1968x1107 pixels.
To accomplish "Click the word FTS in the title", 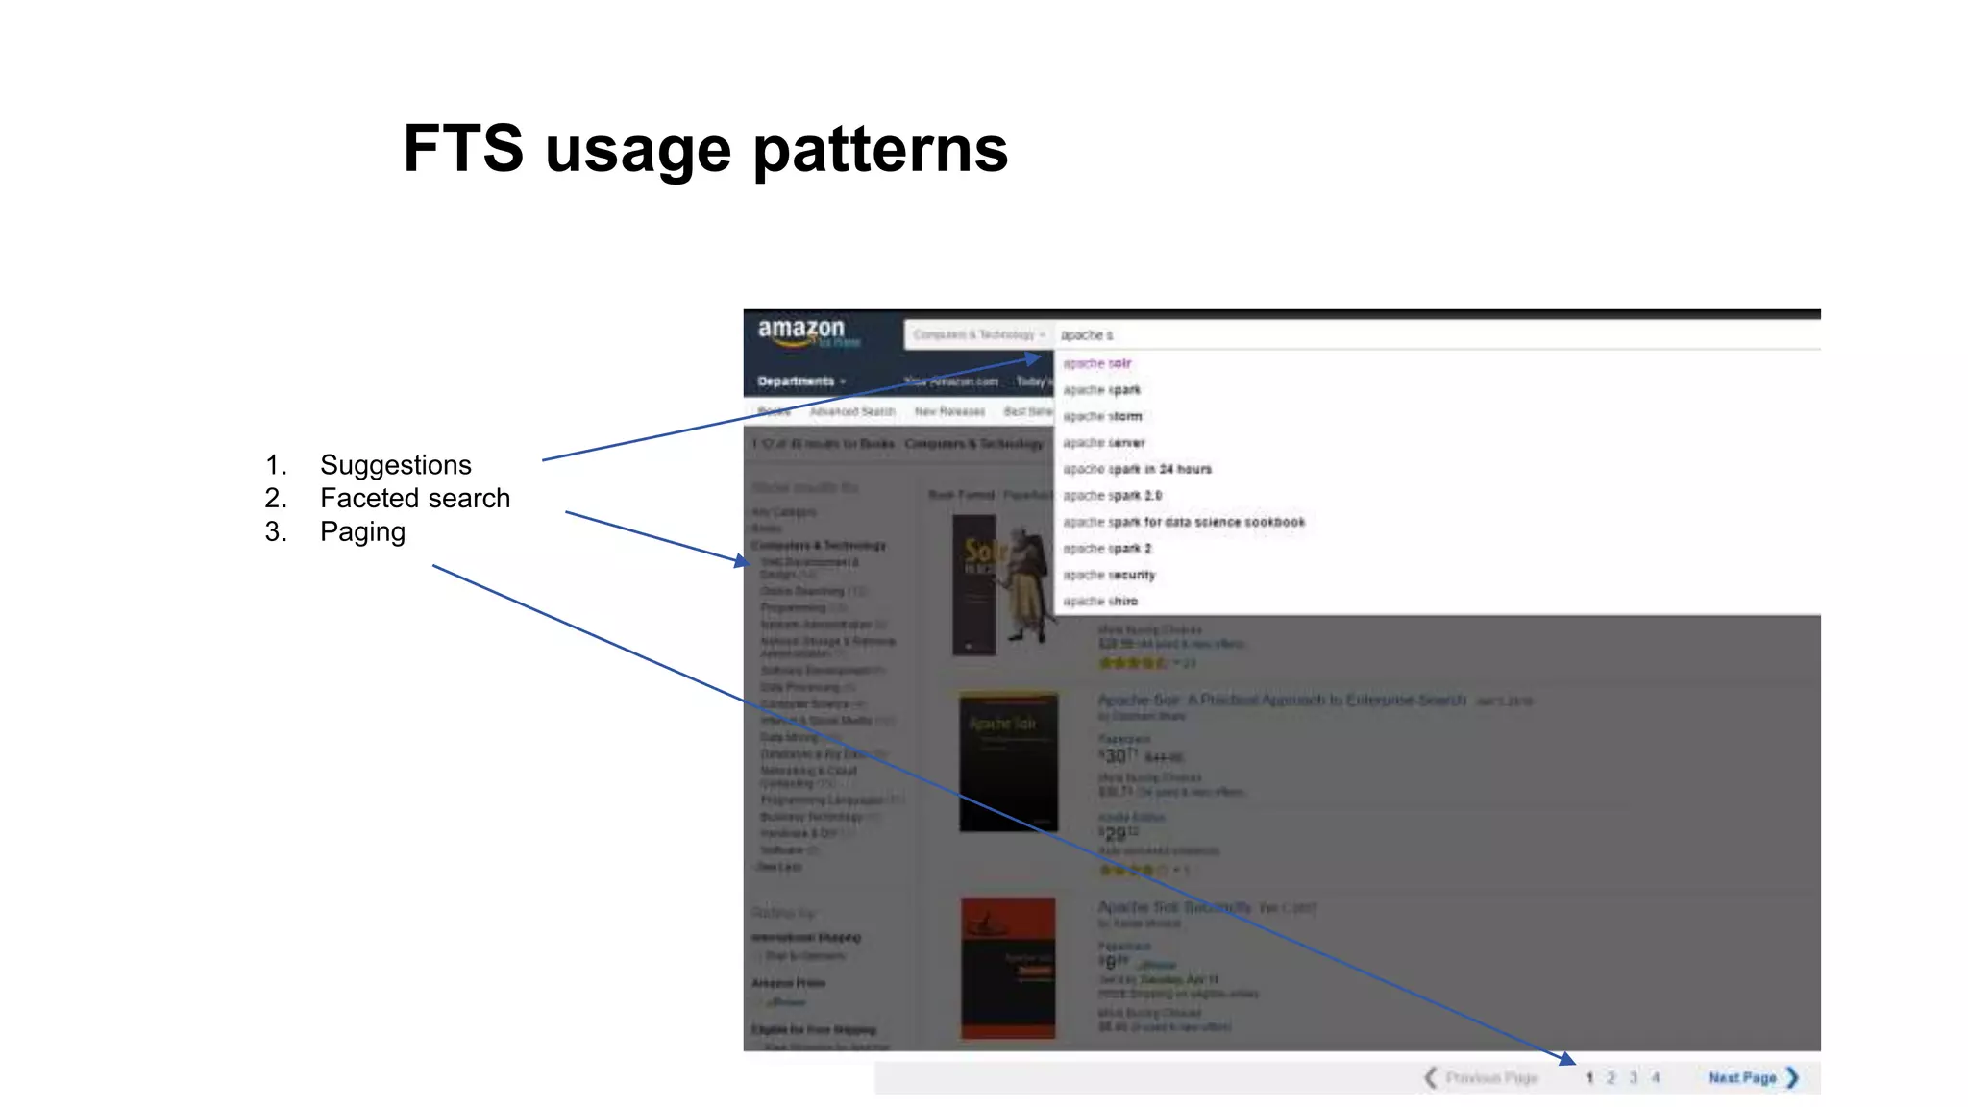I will tap(463, 149).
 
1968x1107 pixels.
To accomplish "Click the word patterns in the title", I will tap(880, 151).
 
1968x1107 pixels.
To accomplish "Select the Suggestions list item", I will tap(395, 465).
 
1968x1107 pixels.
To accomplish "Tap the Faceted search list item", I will tap(414, 499).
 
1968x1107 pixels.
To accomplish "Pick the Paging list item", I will tap(362, 531).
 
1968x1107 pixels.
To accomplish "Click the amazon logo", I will tap(801, 332).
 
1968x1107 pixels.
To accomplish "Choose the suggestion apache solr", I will tap(1097, 364).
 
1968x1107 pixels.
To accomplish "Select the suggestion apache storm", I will tap(1102, 417).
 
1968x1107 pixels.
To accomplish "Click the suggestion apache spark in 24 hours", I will tap(1137, 470).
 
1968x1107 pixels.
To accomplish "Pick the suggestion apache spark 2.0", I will tap(1112, 496).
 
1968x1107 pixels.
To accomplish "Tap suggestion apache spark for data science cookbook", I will tap(1184, 523).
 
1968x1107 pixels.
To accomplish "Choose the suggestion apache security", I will tap(1109, 576).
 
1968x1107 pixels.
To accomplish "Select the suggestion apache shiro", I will tap(1100, 602).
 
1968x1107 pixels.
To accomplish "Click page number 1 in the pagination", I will tap(1589, 1078).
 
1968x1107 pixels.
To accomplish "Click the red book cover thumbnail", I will tap(1008, 968).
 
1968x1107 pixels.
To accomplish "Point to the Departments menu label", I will tap(796, 381).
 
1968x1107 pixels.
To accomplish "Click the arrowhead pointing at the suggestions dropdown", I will tap(1034, 359).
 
